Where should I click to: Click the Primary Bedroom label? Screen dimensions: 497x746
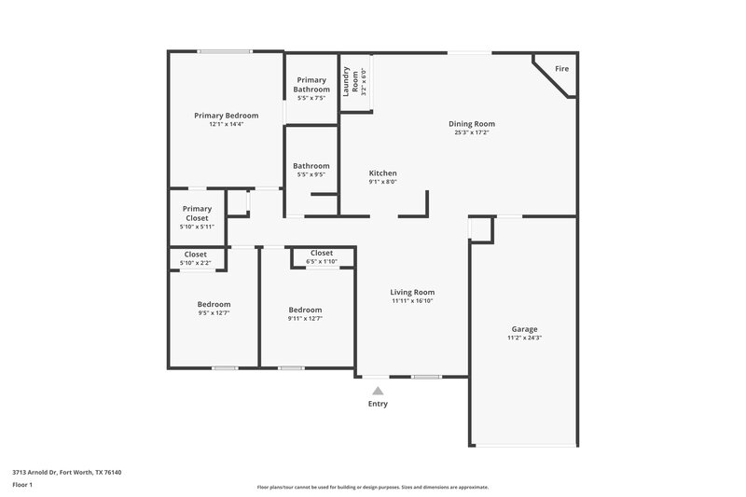[225, 116]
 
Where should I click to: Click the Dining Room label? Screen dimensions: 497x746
[471, 124]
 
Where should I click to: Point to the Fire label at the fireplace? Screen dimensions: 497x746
[561, 69]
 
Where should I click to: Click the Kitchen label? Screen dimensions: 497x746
[383, 173]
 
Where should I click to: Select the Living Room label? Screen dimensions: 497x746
[412, 292]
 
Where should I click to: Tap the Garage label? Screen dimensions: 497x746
[524, 329]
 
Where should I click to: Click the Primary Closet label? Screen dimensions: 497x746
[197, 214]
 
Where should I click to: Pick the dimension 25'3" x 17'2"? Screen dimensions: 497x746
[471, 133]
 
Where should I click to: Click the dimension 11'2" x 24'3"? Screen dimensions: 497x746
[524, 338]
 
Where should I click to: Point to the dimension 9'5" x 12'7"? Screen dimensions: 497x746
[214, 314]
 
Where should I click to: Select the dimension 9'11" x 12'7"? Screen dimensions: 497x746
[305, 319]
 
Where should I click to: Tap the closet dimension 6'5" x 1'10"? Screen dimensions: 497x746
[322, 262]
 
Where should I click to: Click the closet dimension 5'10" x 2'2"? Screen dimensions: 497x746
[196, 263]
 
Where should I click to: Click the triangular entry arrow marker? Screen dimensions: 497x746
[377, 392]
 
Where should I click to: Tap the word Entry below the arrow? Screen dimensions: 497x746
[377, 404]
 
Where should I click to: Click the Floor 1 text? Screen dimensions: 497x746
[22, 486]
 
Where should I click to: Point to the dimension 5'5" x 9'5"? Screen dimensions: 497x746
[311, 174]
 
